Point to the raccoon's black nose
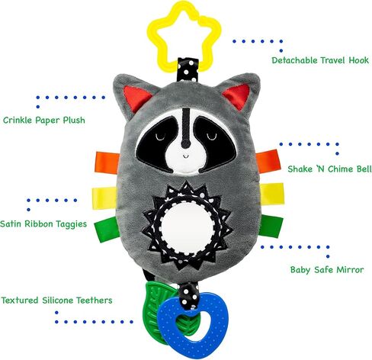pyautogui.click(x=185, y=144)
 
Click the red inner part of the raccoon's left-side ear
pyautogui.click(x=136, y=98)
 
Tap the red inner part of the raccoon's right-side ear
pyautogui.click(x=237, y=96)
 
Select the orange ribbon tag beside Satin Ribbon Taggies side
pyautogui.click(x=107, y=162)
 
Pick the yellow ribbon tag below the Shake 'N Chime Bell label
pyautogui.click(x=271, y=194)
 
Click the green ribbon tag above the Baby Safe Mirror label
pyautogui.click(x=271, y=227)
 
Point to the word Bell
pyautogui.click(x=364, y=169)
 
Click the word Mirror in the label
pyautogui.click(x=350, y=270)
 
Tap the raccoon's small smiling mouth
pyautogui.click(x=186, y=156)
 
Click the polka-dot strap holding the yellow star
pyautogui.click(x=188, y=70)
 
